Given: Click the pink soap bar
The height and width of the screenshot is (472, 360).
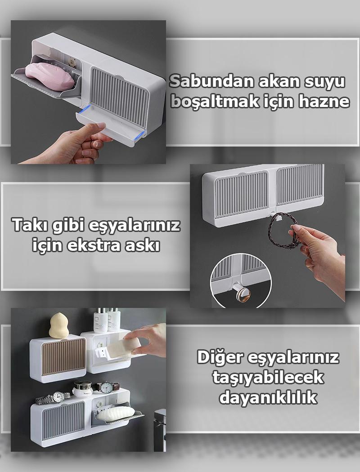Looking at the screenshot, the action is pyautogui.click(x=49, y=75).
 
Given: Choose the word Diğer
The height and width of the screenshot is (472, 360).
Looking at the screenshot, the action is pyautogui.click(x=220, y=357).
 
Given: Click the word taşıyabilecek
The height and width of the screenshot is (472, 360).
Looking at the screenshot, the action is pyautogui.click(x=268, y=377).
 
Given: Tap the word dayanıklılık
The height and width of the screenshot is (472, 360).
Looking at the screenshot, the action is pyautogui.click(x=268, y=397).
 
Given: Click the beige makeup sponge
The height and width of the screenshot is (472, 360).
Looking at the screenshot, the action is pyautogui.click(x=58, y=325).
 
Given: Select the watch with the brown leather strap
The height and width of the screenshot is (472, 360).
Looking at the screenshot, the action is pyautogui.click(x=106, y=387).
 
